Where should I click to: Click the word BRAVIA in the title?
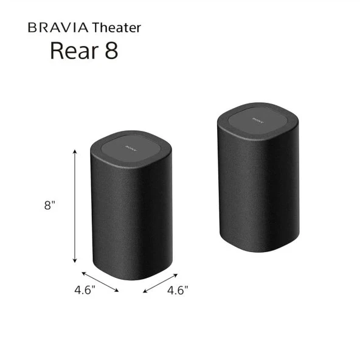(57, 27)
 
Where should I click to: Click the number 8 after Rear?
(110, 51)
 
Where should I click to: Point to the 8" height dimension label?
(50, 206)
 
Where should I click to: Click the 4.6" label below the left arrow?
(85, 290)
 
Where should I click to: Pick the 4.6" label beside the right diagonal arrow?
(178, 290)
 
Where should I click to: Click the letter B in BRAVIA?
(32, 27)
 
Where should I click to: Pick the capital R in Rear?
(57, 51)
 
